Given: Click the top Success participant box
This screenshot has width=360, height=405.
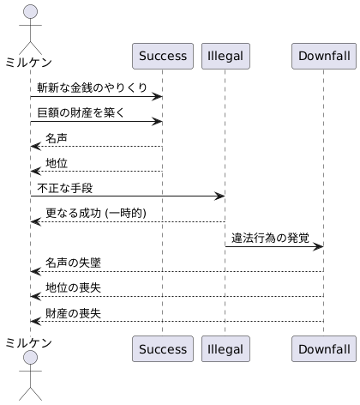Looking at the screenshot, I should [x=162, y=56].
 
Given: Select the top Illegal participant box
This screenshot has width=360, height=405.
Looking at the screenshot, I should [x=225, y=56].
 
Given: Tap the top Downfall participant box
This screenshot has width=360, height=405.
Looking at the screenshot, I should [x=323, y=56].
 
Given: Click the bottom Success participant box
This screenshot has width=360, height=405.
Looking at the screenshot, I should [x=162, y=349].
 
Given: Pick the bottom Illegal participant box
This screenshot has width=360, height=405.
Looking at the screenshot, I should [x=225, y=349].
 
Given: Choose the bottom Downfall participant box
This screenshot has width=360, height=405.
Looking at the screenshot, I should [x=323, y=349].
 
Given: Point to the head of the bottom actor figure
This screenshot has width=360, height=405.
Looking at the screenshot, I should [x=30, y=358].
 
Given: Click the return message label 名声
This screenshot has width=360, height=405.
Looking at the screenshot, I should [x=57, y=137].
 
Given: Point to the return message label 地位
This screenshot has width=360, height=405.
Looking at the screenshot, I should [x=57, y=162].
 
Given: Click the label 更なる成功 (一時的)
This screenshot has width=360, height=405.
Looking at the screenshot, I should [x=96, y=212].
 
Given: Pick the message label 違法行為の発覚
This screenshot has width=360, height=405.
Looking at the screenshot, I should [x=270, y=237].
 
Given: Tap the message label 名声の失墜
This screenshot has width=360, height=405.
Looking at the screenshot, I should [x=73, y=262].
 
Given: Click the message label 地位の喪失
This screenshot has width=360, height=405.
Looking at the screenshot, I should [x=73, y=287].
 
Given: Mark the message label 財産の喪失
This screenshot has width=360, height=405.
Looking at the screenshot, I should [x=73, y=311].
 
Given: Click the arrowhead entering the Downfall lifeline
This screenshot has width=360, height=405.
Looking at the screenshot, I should [x=318, y=247].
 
